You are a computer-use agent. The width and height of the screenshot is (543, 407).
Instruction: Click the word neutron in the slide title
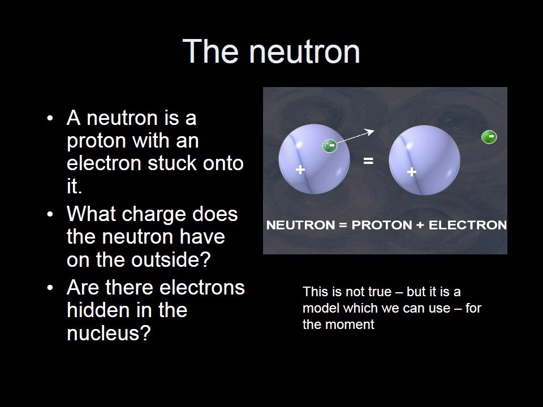click(x=304, y=51)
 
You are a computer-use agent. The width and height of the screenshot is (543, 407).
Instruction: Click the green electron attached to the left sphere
click(x=329, y=146)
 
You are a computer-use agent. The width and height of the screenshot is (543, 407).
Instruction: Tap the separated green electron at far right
click(x=489, y=137)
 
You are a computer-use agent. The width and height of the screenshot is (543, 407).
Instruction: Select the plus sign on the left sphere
click(x=300, y=169)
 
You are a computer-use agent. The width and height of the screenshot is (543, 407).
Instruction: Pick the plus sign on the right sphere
click(x=412, y=172)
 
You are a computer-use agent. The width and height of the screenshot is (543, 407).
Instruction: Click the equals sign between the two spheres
click(x=368, y=161)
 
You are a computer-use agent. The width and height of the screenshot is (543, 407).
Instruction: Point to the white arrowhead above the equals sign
click(x=370, y=131)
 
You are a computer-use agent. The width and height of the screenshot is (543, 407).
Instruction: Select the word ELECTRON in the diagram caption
click(x=467, y=225)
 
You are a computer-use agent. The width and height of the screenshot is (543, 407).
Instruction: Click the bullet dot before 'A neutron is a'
click(x=51, y=119)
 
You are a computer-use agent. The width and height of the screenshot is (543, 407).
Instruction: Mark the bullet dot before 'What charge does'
click(x=51, y=215)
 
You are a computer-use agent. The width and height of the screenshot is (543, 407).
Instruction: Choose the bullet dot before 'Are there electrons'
click(x=51, y=288)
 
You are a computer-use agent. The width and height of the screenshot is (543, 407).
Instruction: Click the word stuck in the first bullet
click(x=171, y=163)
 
